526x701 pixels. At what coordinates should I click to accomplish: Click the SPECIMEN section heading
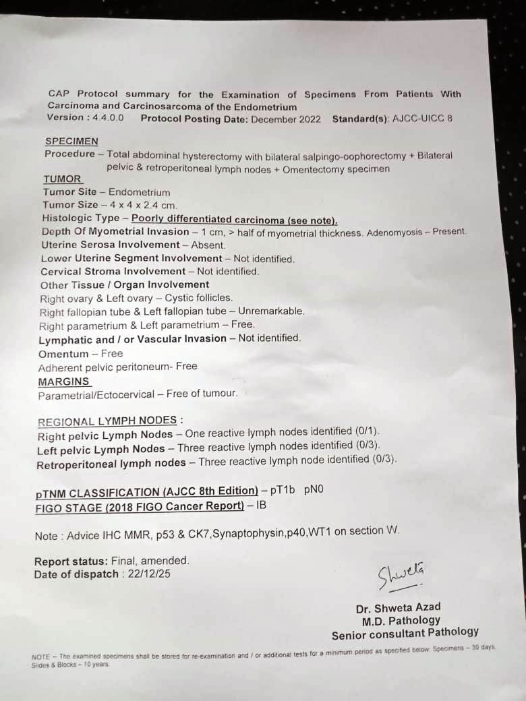tap(71, 142)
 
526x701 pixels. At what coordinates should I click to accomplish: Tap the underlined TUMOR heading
tap(62, 179)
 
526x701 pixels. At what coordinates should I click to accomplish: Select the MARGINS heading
tap(63, 382)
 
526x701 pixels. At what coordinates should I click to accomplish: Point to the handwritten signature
tap(401, 575)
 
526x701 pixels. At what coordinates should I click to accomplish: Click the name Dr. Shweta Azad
tap(398, 607)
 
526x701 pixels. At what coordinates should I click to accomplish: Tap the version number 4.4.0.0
tap(105, 118)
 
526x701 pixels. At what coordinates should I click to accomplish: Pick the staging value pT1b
tap(283, 490)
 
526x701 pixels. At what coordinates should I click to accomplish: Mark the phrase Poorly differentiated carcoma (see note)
tap(234, 219)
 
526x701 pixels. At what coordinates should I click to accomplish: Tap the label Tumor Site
tap(69, 192)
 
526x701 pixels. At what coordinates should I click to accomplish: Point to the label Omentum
tap(63, 354)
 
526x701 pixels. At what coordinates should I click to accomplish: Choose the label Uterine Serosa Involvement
tap(111, 245)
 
